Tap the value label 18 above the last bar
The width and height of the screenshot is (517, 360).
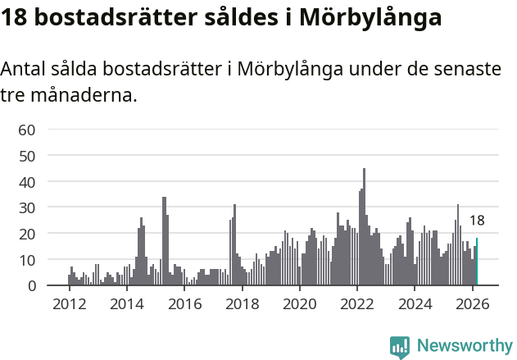tap(477, 220)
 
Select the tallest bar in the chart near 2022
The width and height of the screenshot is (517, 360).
tap(364, 227)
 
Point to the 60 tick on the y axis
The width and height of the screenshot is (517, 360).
tap(27, 130)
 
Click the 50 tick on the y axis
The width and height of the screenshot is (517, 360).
tap(27, 156)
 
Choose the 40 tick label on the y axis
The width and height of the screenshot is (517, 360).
tap(27, 181)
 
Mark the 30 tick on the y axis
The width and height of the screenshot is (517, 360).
tap(27, 207)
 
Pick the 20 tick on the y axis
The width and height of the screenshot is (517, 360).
tap(27, 234)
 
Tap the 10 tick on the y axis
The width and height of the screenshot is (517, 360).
tap(27, 260)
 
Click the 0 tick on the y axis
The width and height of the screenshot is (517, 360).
tap(31, 286)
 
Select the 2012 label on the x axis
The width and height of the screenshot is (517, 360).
tap(69, 305)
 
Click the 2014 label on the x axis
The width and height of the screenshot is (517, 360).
tap(126, 305)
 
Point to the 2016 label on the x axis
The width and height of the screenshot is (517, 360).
tap(184, 305)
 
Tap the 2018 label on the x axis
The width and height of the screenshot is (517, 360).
tap(242, 305)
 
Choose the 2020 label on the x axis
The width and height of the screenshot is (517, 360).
tap(300, 305)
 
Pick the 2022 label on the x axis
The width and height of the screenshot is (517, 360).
tap(357, 305)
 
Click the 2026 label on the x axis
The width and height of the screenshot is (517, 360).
tap(473, 305)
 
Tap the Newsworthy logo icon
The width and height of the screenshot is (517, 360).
tap(400, 346)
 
